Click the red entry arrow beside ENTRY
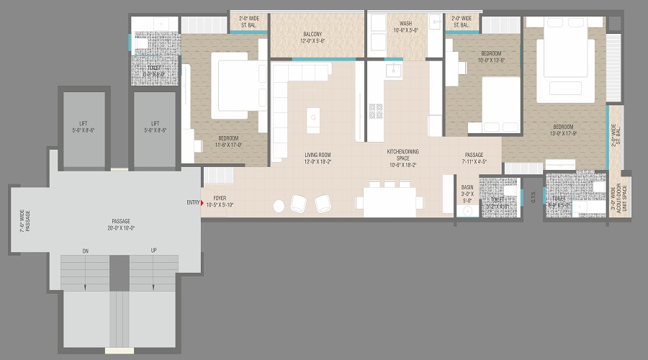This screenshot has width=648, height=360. click(x=202, y=203)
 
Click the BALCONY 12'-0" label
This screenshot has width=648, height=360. click(x=312, y=37)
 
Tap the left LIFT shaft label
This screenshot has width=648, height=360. click(x=84, y=127)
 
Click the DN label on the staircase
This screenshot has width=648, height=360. click(x=85, y=251)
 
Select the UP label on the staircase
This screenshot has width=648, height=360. click(x=153, y=251)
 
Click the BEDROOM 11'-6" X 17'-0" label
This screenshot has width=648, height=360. click(x=229, y=142)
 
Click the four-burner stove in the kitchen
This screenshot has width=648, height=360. click(x=376, y=110)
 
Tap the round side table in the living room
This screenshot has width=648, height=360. click(x=279, y=207)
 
